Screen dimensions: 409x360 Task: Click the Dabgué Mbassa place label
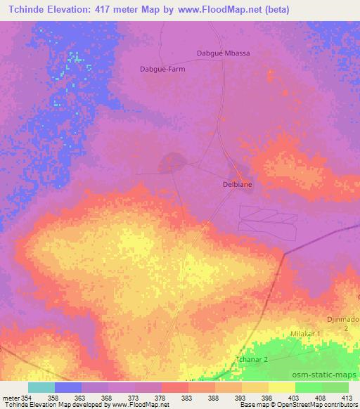click(x=222, y=53)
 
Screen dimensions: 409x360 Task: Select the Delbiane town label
click(x=233, y=185)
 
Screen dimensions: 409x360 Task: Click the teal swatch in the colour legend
click(x=41, y=387)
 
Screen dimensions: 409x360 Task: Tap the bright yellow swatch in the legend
click(x=281, y=387)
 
